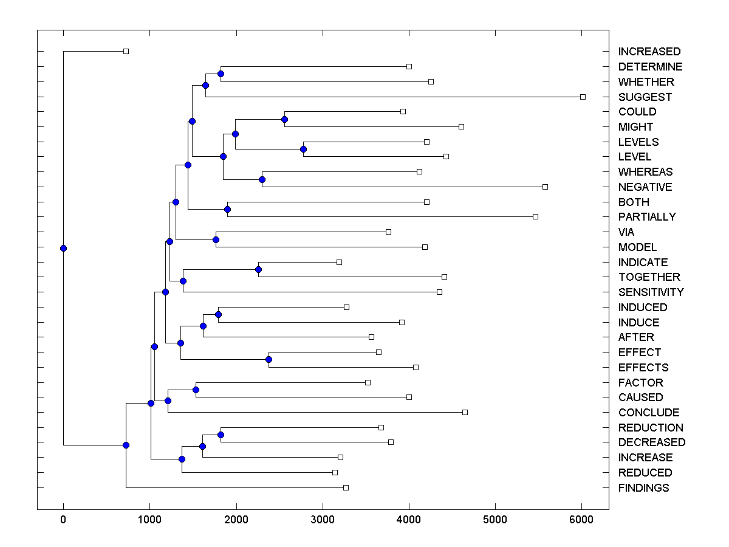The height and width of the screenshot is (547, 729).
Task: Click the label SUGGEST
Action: click(645, 97)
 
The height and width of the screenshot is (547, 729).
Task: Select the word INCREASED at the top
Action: click(649, 52)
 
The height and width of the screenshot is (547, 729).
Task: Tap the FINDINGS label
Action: click(643, 488)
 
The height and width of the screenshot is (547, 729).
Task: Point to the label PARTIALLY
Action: click(646, 217)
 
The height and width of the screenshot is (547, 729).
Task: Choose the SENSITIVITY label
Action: click(651, 292)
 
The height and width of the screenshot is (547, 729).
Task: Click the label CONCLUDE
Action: click(648, 413)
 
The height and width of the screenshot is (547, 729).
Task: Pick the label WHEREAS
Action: click(645, 172)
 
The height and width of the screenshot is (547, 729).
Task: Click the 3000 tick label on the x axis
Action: click(322, 520)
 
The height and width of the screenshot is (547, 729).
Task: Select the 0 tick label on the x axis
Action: click(63, 520)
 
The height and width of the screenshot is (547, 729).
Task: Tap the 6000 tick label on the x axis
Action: click(581, 520)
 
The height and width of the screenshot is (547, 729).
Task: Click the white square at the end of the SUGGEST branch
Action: click(583, 97)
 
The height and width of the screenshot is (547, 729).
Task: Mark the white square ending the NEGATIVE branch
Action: click(545, 187)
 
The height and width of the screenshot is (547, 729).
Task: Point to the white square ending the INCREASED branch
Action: click(126, 51)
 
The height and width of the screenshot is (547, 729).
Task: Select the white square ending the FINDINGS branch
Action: click(346, 487)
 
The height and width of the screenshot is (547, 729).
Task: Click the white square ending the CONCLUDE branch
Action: click(465, 412)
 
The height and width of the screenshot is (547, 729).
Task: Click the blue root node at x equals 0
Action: click(63, 248)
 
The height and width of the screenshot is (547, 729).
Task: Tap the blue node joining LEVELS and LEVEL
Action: click(303, 149)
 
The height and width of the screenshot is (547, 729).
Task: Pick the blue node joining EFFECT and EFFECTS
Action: click(269, 360)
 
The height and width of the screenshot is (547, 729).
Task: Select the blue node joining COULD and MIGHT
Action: click(284, 119)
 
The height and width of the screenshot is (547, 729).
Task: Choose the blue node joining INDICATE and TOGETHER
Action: click(258, 269)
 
